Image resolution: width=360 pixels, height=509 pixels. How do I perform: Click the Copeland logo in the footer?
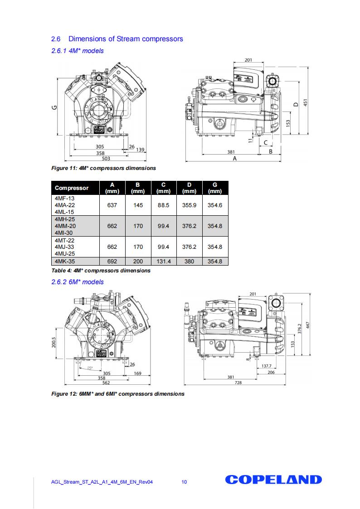pos(273,480)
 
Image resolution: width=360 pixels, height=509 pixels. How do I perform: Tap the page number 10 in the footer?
pos(184,482)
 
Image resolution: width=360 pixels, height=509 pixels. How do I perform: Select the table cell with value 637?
pos(112,205)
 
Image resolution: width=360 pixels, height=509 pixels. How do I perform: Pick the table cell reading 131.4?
pos(163,262)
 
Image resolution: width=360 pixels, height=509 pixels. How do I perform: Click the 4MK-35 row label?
pos(64,262)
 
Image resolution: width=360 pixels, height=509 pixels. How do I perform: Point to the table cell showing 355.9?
pos(189,205)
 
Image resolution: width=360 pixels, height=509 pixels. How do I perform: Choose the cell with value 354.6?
pos(215,205)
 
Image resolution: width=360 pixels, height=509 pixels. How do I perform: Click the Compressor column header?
pos(72,188)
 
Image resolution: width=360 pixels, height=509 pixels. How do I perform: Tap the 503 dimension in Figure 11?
pos(106,159)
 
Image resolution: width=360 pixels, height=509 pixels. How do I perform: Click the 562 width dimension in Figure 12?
pos(105,382)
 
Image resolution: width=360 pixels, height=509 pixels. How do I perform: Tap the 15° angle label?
pos(90,368)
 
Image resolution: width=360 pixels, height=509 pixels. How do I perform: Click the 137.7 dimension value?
pos(267,366)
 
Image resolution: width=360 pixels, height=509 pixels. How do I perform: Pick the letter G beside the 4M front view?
pos(54,107)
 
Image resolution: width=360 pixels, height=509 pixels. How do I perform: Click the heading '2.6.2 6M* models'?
pos(78,282)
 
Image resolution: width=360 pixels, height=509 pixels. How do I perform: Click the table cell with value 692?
pos(112,262)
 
